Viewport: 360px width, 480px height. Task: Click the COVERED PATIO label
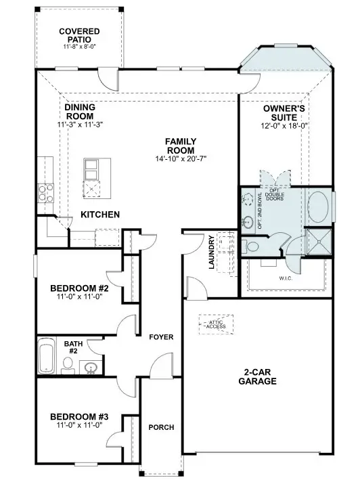click(x=78, y=35)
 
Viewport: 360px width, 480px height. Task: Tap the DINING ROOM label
click(x=80, y=112)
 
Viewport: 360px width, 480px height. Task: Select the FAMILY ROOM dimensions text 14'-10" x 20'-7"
click(x=181, y=158)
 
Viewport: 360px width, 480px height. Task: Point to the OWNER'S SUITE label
click(x=285, y=112)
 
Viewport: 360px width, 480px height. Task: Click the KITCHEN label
click(x=100, y=215)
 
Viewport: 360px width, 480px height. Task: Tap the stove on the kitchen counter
click(x=45, y=193)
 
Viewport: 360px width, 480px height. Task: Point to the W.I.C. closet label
click(x=285, y=277)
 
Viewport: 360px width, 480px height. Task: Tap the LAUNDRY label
click(x=212, y=253)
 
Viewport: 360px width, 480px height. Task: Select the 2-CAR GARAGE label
click(x=257, y=376)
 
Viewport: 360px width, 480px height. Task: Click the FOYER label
click(x=162, y=336)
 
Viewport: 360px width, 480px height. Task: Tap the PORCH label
click(x=161, y=427)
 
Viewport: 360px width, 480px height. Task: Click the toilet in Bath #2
click(x=68, y=366)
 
